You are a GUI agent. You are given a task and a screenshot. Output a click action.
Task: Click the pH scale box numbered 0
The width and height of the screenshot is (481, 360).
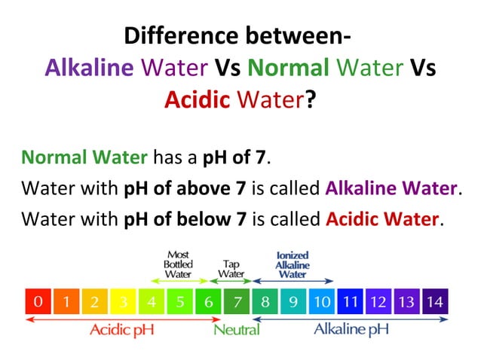[x=38, y=303]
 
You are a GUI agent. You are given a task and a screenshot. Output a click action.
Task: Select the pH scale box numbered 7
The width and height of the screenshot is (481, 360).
[x=237, y=303]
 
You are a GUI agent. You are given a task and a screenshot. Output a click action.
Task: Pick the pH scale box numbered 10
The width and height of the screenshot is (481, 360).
[x=322, y=303]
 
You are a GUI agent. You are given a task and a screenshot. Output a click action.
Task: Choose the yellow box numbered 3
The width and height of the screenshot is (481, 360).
[x=123, y=303]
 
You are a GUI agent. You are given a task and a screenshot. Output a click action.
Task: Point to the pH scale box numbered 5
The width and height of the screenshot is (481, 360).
[x=180, y=303]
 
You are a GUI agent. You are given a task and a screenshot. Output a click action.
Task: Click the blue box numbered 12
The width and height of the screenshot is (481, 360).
[x=378, y=303]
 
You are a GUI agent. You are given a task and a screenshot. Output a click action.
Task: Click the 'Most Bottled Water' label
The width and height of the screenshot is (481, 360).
[x=178, y=264]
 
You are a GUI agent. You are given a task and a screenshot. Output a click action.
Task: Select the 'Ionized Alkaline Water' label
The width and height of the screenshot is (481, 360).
[x=293, y=264]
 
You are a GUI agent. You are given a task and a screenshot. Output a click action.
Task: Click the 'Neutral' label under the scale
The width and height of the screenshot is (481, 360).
[x=237, y=330]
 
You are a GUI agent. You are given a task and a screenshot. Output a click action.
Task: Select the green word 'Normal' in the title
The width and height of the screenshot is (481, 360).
[x=288, y=68]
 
